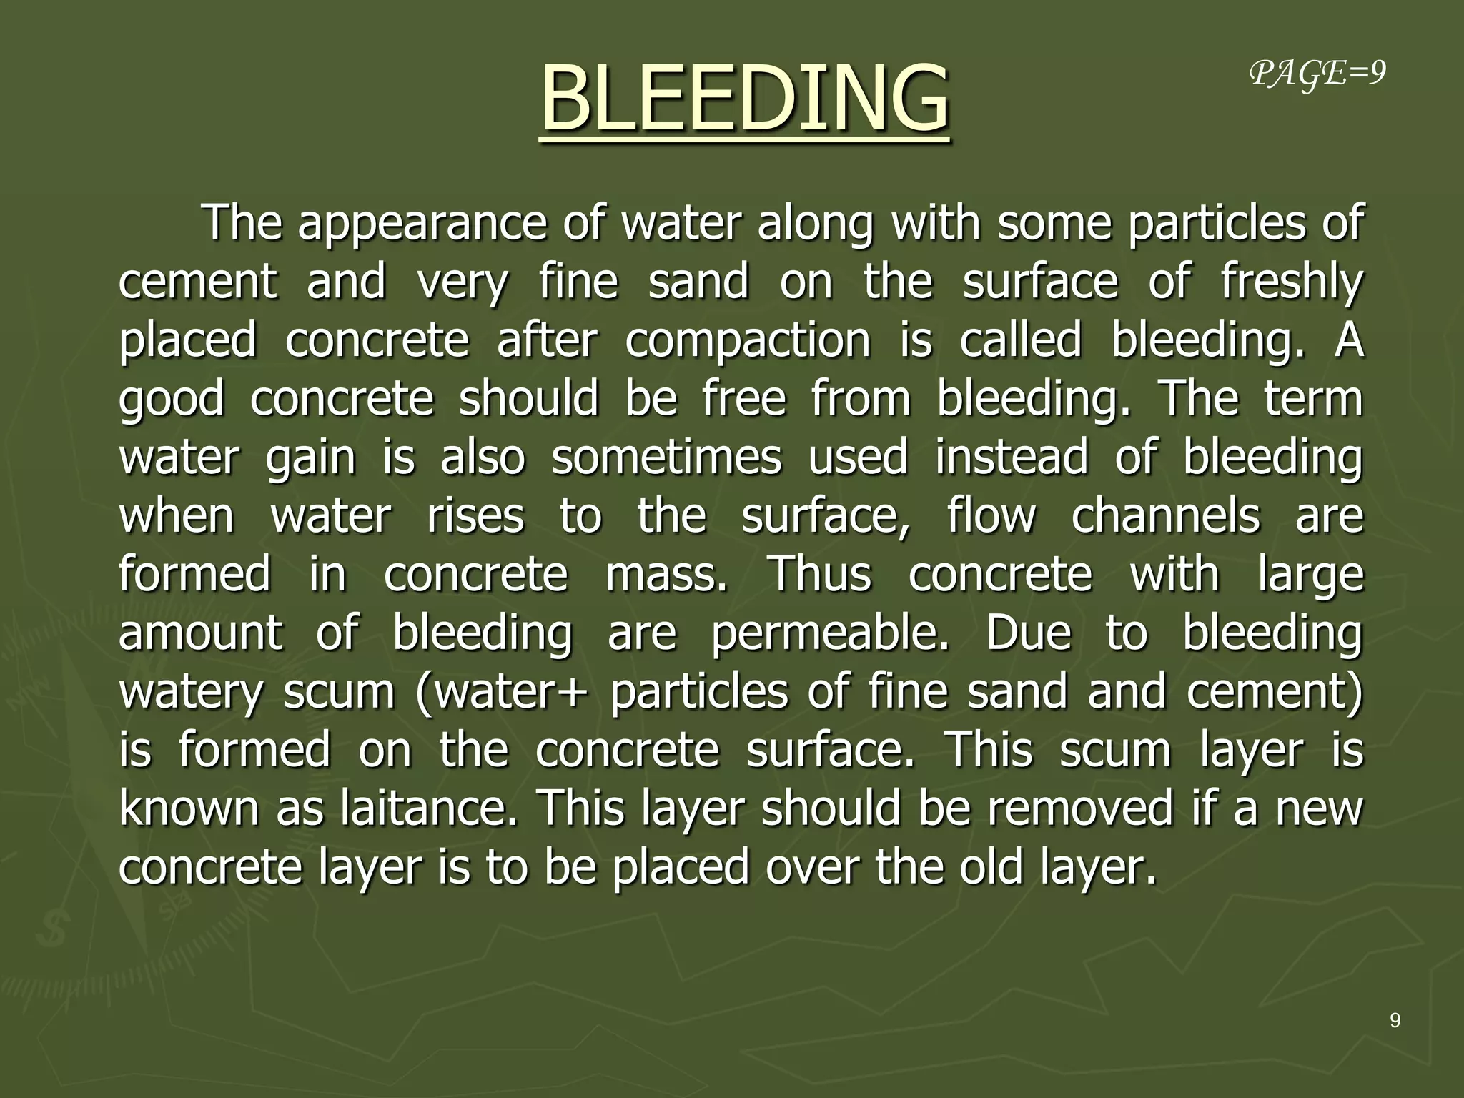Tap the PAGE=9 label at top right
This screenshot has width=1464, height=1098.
1317,74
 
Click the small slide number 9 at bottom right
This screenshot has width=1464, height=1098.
1395,1021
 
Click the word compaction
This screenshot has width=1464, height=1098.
747,340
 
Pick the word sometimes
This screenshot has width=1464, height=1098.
666,457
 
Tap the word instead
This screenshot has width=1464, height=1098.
1012,457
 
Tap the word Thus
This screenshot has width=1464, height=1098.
819,575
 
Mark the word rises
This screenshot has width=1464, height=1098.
475,516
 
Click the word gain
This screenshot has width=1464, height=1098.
310,457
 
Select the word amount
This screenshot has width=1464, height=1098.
201,633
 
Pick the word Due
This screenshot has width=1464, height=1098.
1029,633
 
